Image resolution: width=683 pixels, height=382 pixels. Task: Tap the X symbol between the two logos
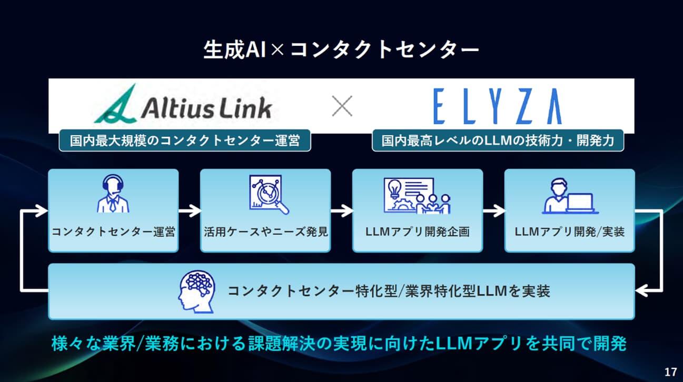tap(342, 107)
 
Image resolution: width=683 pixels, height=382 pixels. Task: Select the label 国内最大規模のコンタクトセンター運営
tap(185, 140)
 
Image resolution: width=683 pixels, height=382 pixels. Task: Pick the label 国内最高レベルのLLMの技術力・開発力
tap(498, 140)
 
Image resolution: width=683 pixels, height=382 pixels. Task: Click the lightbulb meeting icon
tap(417, 195)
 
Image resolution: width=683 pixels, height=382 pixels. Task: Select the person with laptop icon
tap(569, 196)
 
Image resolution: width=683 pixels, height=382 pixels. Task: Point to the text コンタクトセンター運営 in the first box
tap(113, 232)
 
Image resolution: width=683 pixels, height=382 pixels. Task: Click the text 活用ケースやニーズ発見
tap(265, 232)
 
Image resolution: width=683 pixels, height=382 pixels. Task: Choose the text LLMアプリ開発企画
tap(417, 232)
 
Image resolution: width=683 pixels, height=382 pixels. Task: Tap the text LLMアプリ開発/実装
tap(569, 232)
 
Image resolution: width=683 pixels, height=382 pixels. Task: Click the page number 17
tap(670, 372)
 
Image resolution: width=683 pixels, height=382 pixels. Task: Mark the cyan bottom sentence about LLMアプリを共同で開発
tap(339, 344)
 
